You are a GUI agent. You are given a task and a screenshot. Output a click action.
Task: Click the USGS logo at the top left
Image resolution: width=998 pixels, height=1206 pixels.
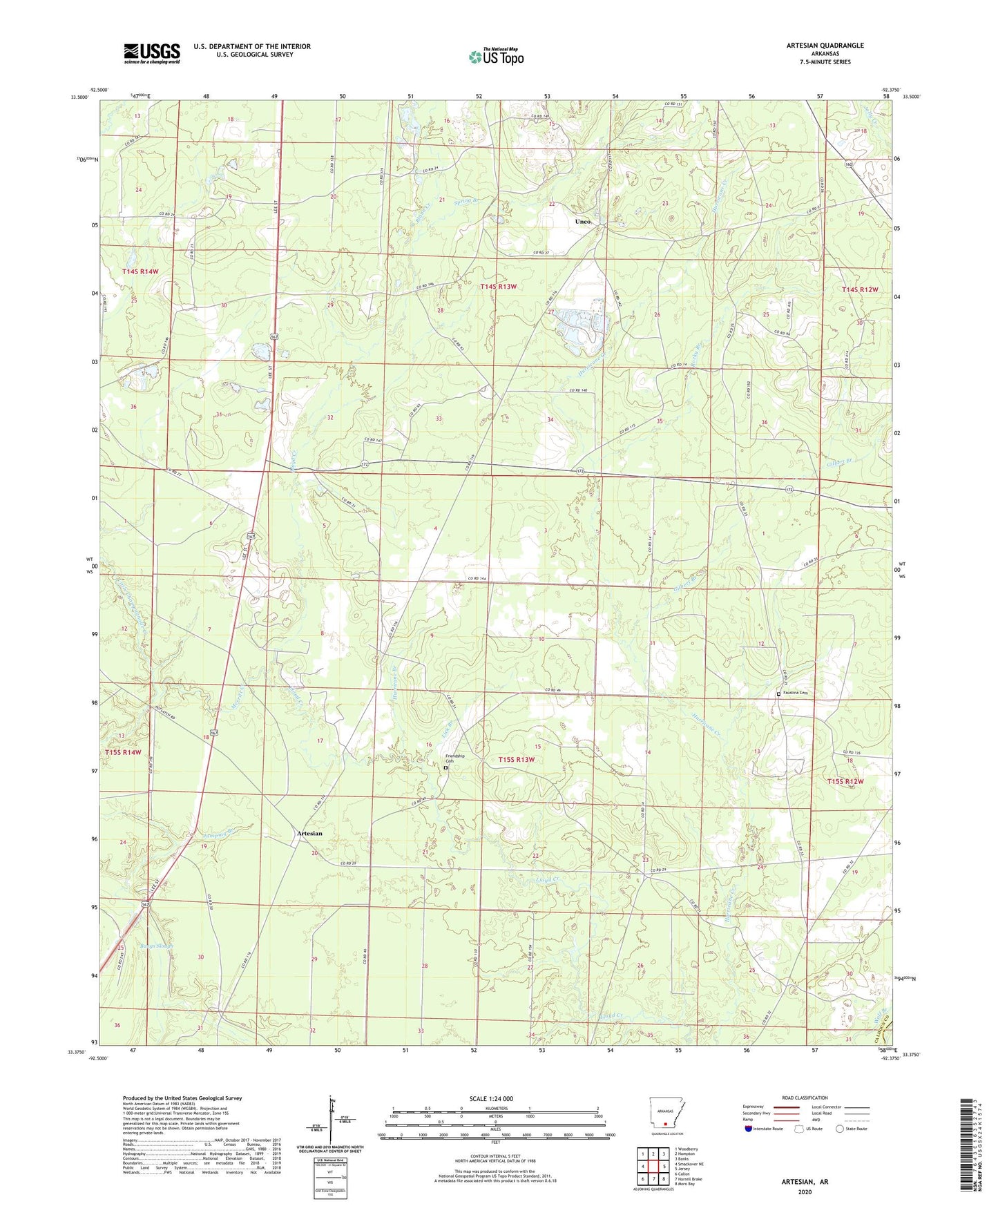pyautogui.click(x=152, y=52)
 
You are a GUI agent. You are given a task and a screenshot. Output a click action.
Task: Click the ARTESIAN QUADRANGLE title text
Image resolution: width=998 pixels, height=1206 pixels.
pyautogui.click(x=825, y=46)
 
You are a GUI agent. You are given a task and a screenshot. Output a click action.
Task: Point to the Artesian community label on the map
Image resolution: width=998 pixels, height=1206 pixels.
pyautogui.click(x=309, y=833)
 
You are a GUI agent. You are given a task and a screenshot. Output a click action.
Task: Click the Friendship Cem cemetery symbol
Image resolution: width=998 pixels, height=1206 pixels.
pyautogui.click(x=445, y=767)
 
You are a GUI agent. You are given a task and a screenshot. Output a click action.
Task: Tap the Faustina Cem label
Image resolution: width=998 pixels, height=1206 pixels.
pyautogui.click(x=795, y=693)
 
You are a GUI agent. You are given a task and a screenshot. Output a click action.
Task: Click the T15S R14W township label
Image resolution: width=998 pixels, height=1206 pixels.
pyautogui.click(x=123, y=752)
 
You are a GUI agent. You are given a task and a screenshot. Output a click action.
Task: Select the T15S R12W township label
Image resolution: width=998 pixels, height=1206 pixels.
pyautogui.click(x=845, y=781)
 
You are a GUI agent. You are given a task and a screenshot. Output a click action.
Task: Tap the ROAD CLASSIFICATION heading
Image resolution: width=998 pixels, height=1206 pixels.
pyautogui.click(x=805, y=1098)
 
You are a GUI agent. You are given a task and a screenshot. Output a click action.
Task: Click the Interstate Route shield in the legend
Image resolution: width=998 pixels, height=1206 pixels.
pyautogui.click(x=749, y=1129)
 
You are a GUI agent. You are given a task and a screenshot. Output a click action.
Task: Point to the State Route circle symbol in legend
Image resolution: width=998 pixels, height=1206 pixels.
pyautogui.click(x=839, y=1129)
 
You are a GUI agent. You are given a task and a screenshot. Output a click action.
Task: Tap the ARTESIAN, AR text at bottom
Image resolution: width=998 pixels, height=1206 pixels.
pyautogui.click(x=805, y=1182)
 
